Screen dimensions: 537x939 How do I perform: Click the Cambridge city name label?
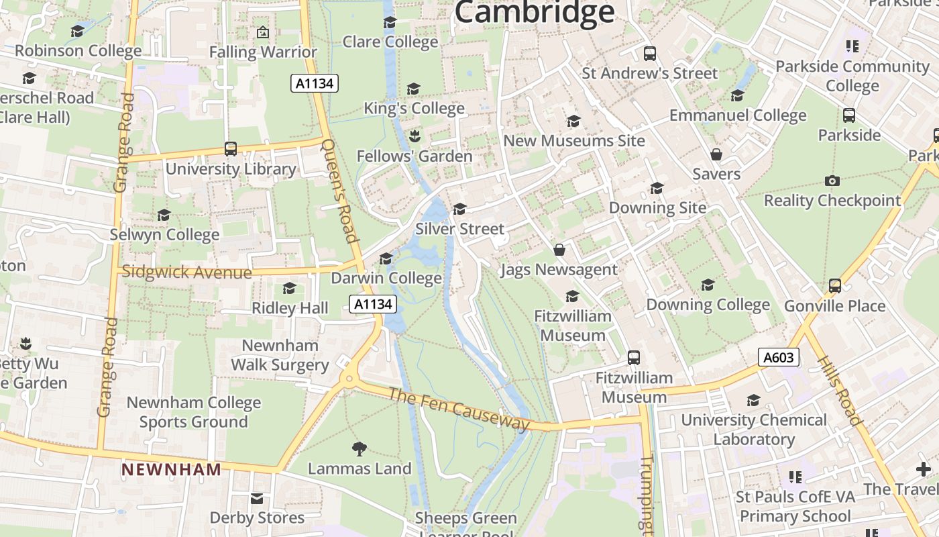click(534, 12)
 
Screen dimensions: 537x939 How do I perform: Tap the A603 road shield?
click(779, 357)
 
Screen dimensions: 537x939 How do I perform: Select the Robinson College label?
click(78, 51)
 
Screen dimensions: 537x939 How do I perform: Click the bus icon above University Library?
click(231, 149)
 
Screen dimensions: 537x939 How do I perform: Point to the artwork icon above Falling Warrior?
click(263, 32)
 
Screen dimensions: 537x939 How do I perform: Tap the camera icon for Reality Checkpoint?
click(832, 181)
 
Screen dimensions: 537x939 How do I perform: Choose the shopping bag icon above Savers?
click(716, 154)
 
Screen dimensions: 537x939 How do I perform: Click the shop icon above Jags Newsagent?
click(559, 250)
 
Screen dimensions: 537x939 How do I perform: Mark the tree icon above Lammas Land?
click(360, 448)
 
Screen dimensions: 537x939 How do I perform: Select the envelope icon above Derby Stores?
click(257, 498)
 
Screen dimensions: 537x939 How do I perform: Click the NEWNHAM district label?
click(171, 469)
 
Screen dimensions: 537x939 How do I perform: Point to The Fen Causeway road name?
click(459, 408)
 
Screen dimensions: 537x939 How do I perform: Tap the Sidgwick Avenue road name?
click(187, 273)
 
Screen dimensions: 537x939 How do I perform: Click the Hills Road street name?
click(838, 389)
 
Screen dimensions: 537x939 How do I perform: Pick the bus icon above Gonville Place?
click(835, 286)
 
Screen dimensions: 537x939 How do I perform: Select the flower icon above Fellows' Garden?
click(415, 136)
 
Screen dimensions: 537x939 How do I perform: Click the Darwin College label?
click(386, 278)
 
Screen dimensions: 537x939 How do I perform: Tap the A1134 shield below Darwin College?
click(373, 304)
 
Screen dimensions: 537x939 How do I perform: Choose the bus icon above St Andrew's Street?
click(649, 54)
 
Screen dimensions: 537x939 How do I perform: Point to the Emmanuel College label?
click(738, 115)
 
